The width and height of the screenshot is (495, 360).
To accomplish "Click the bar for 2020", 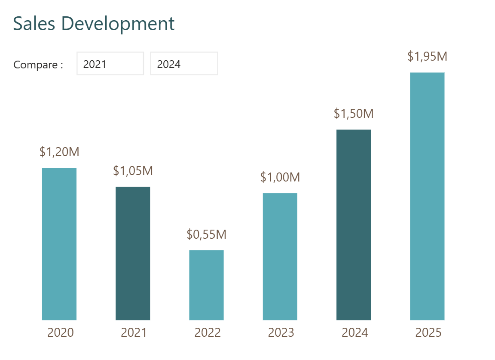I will click(x=59, y=244).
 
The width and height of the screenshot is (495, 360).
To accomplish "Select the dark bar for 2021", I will click(x=133, y=253).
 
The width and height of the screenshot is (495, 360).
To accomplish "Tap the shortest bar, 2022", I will click(x=206, y=285).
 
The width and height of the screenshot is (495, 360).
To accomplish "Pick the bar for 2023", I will click(x=280, y=256).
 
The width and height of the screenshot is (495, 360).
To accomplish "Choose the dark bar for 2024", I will click(x=353, y=225).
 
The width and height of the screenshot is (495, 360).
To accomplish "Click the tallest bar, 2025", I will click(x=427, y=196).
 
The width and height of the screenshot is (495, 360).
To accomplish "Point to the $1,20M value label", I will click(x=59, y=152).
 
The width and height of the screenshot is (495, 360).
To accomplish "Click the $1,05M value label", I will click(x=133, y=171).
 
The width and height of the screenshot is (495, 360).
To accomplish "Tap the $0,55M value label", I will click(x=206, y=234).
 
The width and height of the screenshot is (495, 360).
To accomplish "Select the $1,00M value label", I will click(x=280, y=177).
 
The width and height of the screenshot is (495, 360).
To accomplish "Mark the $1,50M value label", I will click(x=353, y=114).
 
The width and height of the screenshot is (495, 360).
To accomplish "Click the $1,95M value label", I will click(x=427, y=56).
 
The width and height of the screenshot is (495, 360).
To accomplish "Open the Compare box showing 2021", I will click(x=110, y=64).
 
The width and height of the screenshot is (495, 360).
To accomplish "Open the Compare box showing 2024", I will click(x=184, y=64).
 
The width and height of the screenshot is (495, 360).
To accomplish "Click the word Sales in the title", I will click(x=34, y=24).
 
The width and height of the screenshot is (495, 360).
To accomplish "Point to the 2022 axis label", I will click(x=207, y=332).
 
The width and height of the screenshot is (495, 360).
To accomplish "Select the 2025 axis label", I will click(x=428, y=332).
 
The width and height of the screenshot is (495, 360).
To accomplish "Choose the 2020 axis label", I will click(x=60, y=332).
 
